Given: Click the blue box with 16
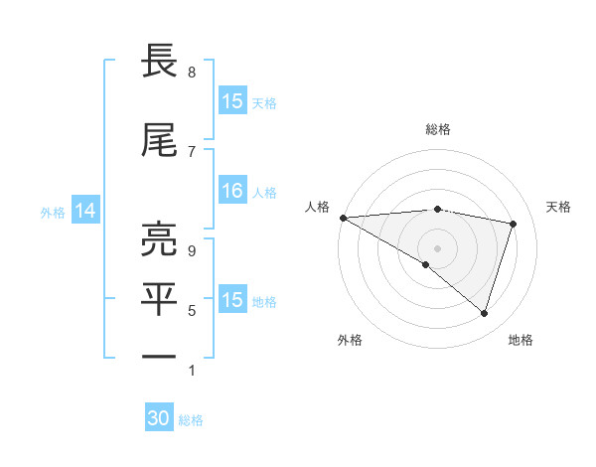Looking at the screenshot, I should click(x=231, y=192).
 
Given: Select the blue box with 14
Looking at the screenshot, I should click(x=85, y=211).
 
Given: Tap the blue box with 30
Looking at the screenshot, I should click(x=159, y=418).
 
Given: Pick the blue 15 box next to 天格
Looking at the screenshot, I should click(x=231, y=101).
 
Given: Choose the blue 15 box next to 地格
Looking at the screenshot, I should click(x=231, y=300).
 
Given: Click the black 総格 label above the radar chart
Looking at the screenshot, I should click(x=437, y=129).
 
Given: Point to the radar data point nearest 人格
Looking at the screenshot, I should click(x=343, y=218).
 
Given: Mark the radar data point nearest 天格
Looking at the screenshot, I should click(x=514, y=224).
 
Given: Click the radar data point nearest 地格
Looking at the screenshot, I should click(x=484, y=313).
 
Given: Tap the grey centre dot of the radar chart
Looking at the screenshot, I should click(x=437, y=246).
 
